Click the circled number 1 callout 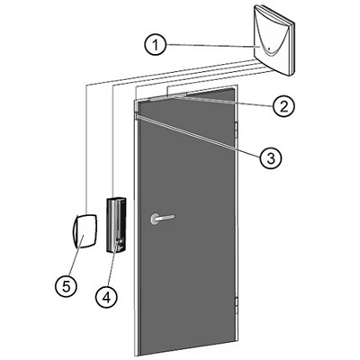[156, 45]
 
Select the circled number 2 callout [283, 105]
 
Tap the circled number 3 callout [271, 157]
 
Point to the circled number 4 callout [106, 297]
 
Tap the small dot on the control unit [269, 49]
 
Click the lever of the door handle [166, 217]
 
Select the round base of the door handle [156, 219]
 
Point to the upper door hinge [236, 130]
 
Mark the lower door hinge [236, 305]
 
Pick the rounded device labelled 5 [85, 230]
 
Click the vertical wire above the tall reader [112, 141]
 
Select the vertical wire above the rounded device [86, 149]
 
